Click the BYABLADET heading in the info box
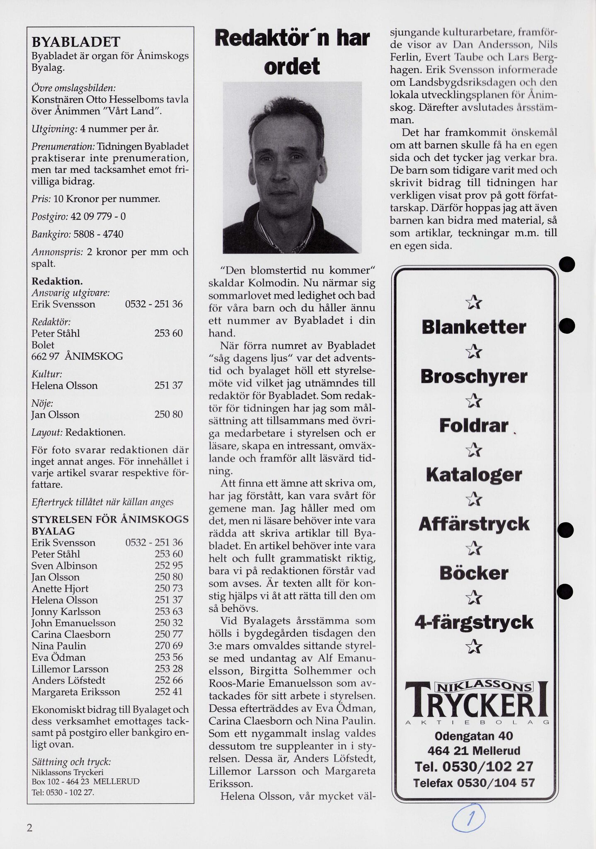point(76,42)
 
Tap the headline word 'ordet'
point(292,66)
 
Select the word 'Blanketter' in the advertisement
point(474,327)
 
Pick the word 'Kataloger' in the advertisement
point(474,475)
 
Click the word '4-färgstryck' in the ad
point(474,623)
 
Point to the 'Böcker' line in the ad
point(474,573)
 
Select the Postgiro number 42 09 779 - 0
point(98,216)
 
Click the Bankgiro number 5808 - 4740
point(98,234)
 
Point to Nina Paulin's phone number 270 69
point(168,646)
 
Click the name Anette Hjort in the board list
point(60,589)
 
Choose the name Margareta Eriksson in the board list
point(76,692)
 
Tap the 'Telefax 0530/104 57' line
point(474,783)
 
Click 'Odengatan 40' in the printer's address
point(474,736)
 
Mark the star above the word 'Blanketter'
point(474,304)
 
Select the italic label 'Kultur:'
point(47,374)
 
